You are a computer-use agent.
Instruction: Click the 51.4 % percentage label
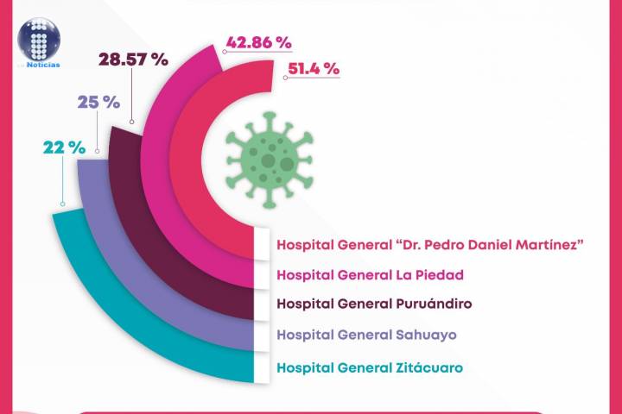click(x=309, y=69)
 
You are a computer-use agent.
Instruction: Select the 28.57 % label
click(x=132, y=60)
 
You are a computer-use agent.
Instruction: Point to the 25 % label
click(x=98, y=101)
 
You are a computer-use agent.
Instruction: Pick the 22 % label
click(x=63, y=147)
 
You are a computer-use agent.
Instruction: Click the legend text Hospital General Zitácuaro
click(x=369, y=367)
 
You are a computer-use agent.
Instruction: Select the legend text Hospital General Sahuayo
click(x=366, y=335)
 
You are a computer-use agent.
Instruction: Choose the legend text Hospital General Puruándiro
click(x=374, y=304)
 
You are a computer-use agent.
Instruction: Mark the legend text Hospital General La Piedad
click(x=370, y=274)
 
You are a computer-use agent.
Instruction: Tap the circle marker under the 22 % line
click(x=62, y=204)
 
